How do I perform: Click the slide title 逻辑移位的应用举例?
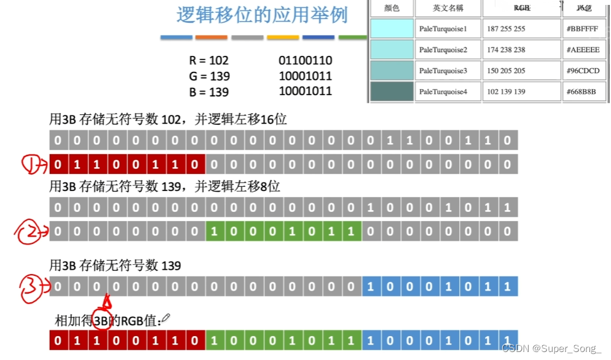click(x=262, y=15)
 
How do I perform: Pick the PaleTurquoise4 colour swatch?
click(x=392, y=92)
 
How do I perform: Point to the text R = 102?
click(x=208, y=60)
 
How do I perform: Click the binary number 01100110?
click(x=305, y=60)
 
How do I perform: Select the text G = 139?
click(x=209, y=76)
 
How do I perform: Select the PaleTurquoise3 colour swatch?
click(x=392, y=71)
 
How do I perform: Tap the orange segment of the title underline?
click(x=211, y=37)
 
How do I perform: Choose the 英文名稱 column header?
click(x=447, y=9)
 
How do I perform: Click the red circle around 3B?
click(x=101, y=319)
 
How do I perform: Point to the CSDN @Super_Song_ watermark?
click(x=551, y=349)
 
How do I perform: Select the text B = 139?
click(x=208, y=92)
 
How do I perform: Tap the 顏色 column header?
click(x=392, y=9)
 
